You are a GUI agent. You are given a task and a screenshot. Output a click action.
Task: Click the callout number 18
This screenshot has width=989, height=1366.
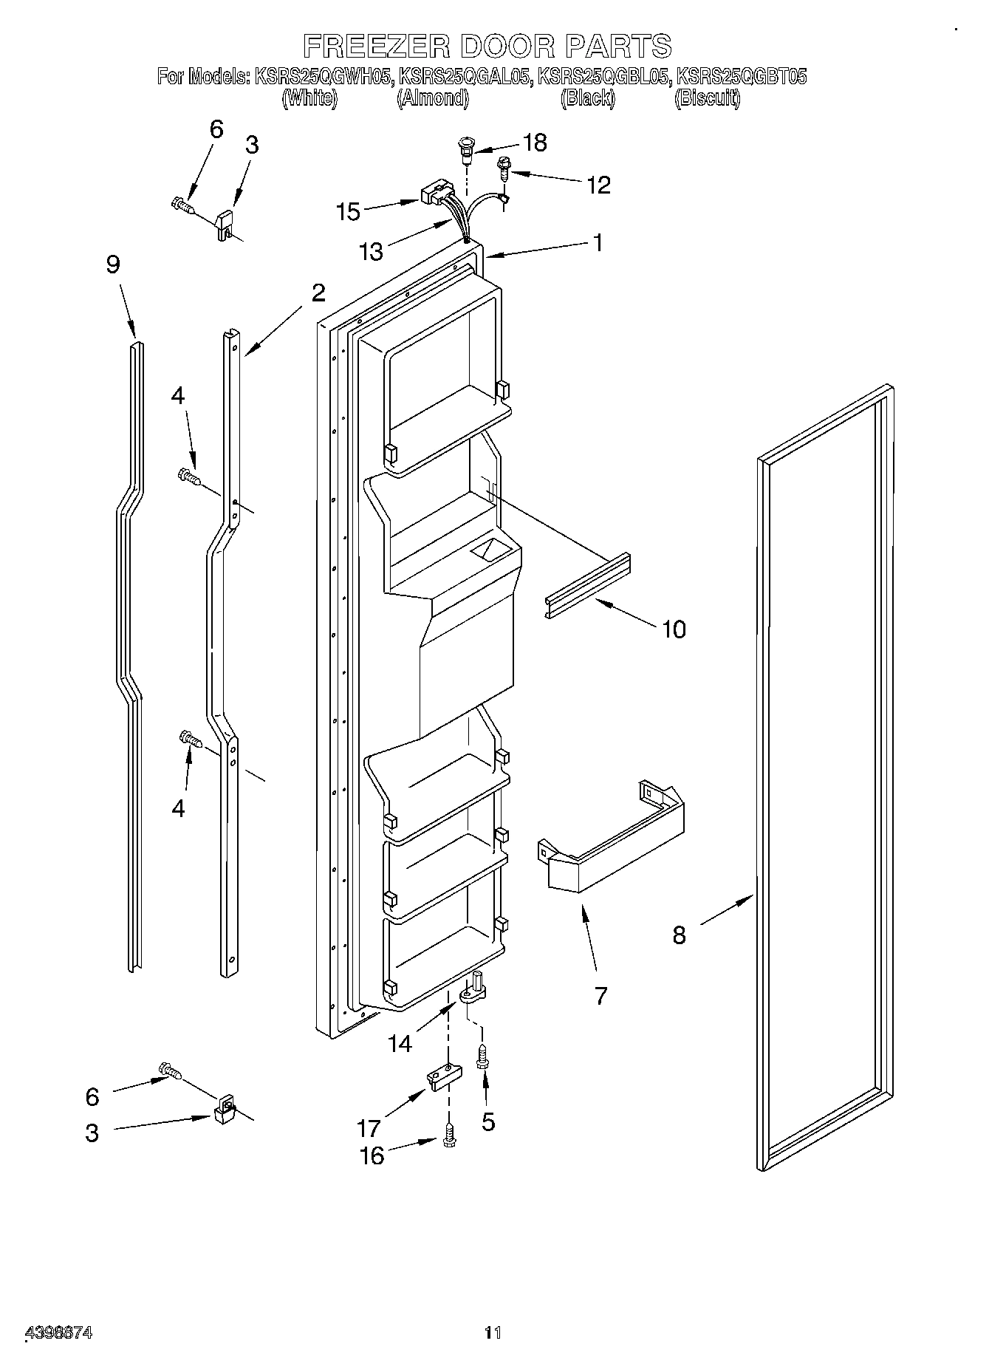click(535, 143)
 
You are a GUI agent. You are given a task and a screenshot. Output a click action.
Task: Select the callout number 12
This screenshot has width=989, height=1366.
click(598, 185)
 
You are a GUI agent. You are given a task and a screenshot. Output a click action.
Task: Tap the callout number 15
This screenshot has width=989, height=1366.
click(348, 212)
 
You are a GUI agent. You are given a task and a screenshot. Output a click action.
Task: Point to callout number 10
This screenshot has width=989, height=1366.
click(674, 629)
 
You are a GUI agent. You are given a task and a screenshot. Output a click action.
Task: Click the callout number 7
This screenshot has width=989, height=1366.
click(600, 995)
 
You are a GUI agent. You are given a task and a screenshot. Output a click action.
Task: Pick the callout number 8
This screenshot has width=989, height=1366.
click(679, 935)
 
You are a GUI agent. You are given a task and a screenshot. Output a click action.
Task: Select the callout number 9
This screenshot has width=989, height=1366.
click(112, 264)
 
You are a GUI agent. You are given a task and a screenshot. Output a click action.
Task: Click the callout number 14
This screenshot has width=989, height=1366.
click(400, 1043)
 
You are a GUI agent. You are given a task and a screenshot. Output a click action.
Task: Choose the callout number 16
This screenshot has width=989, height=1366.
click(372, 1155)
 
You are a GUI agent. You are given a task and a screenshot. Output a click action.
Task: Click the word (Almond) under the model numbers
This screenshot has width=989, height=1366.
click(433, 98)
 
